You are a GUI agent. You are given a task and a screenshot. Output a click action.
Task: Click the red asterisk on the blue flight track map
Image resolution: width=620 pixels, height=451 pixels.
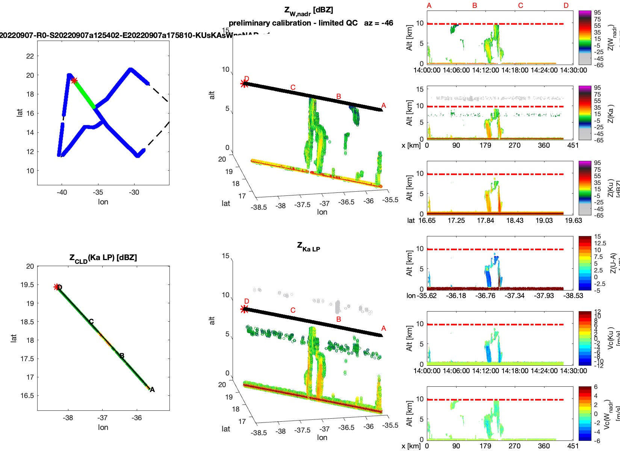74,80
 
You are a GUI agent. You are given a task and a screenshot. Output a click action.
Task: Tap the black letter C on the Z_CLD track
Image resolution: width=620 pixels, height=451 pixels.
91,322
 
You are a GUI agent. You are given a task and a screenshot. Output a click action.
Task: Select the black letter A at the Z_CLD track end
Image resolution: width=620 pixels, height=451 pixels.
152,390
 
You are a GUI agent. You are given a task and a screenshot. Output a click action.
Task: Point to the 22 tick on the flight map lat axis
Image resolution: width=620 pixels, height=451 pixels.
30,56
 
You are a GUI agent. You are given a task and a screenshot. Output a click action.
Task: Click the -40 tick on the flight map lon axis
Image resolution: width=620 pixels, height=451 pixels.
62,192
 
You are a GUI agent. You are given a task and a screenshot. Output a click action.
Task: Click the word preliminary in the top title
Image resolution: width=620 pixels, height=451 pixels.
250,23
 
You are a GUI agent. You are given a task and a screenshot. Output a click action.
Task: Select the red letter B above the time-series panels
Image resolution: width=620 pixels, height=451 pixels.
475,6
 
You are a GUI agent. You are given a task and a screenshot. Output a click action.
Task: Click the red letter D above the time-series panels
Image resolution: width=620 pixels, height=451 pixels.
566,6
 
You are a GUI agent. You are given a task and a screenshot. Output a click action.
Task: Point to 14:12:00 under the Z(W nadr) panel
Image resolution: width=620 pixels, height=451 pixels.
485,70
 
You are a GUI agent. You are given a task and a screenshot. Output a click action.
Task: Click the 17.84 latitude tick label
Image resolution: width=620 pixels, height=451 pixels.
485,221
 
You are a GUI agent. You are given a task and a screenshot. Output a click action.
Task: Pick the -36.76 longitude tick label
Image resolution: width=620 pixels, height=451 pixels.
485,296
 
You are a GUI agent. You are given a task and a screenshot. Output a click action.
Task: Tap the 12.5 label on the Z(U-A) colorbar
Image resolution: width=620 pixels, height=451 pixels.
600,243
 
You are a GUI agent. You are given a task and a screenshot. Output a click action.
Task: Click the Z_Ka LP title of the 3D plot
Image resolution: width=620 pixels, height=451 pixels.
308,247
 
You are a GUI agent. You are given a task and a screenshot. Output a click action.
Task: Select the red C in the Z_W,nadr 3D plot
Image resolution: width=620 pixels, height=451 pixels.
293,88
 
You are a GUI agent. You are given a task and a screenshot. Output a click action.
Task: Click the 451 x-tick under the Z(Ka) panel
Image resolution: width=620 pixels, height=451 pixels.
573,145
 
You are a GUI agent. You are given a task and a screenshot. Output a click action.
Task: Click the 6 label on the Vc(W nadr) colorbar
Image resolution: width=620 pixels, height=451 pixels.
596,387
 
